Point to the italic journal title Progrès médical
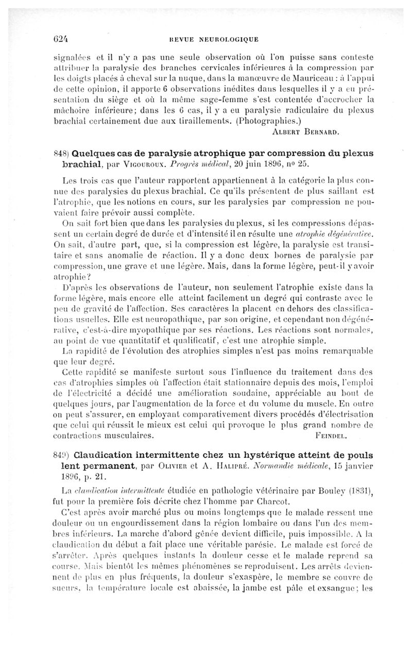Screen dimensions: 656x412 pyautogui.click(x=197, y=165)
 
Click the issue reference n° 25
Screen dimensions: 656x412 pyautogui.click(x=301, y=165)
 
